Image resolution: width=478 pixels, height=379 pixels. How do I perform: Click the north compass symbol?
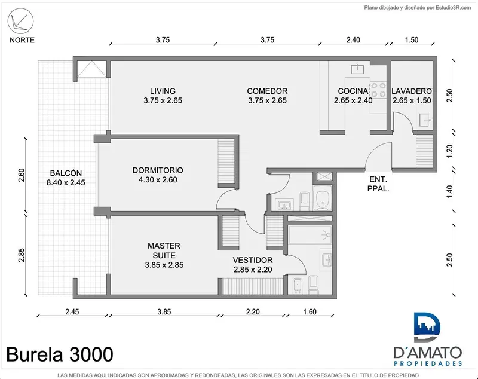coord(21,21)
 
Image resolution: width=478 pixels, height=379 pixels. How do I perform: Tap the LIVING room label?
coord(163,96)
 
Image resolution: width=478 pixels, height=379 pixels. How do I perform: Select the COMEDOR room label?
coord(267,96)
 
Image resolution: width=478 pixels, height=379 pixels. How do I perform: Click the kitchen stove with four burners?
coord(378,90)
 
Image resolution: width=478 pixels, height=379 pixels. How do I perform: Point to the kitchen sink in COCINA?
coord(357,69)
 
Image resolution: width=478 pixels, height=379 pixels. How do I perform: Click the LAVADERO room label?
coord(412,96)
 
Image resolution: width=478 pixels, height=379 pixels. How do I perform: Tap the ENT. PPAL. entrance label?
coord(378,184)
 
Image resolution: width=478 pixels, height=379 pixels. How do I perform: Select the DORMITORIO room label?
coord(158,175)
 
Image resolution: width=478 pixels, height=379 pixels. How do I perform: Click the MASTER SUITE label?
coord(164,255)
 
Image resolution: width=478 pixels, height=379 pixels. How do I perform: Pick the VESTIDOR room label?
coord(253,265)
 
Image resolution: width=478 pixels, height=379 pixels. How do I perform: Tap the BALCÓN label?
coord(66,178)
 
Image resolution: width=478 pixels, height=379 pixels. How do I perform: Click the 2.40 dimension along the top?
coord(353,40)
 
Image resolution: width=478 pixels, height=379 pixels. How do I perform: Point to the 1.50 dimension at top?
coord(412,40)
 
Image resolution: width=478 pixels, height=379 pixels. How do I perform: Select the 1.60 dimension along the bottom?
coord(310,311)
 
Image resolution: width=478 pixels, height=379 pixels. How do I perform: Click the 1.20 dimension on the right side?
coord(450,151)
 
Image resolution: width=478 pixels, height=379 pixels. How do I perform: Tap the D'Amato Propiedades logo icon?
coord(427,327)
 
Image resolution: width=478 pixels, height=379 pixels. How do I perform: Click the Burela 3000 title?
coord(60,354)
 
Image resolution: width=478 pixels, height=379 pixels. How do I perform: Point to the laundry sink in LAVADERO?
coord(424,120)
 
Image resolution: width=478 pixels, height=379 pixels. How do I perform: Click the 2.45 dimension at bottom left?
coord(72,311)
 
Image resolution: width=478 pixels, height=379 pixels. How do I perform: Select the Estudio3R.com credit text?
coord(418,8)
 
